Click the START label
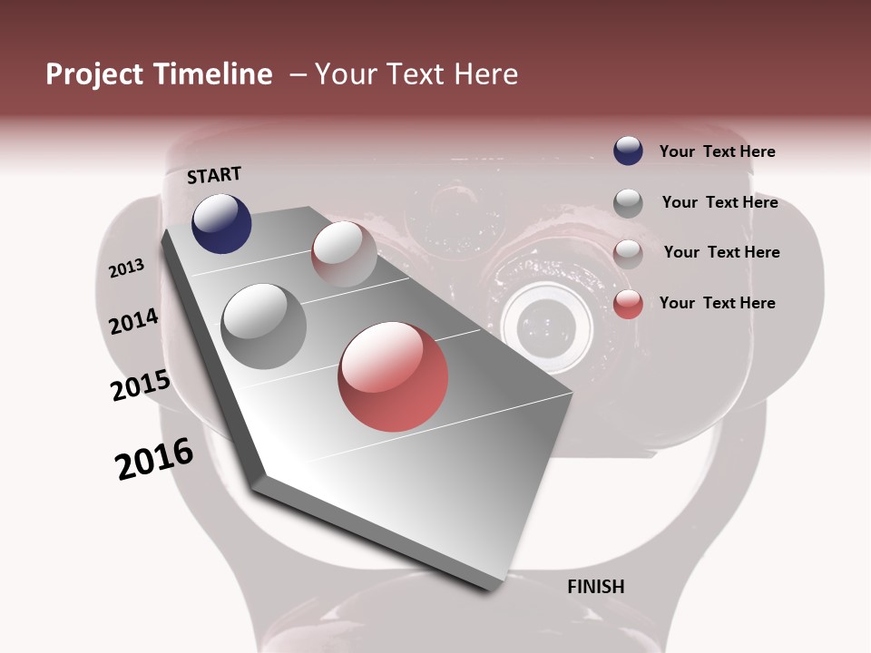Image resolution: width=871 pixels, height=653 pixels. tap(214, 175)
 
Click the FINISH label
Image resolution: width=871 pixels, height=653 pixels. tap(595, 586)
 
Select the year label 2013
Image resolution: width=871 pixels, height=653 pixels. tap(127, 268)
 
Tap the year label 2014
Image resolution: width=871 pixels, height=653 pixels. tap(134, 322)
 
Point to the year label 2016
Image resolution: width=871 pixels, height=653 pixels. tap(154, 459)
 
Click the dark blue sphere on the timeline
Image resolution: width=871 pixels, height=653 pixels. tap(221, 224)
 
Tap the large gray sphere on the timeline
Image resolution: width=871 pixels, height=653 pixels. tap(264, 326)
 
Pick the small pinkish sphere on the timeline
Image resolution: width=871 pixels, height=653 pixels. tap(344, 254)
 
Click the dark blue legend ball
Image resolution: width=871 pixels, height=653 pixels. tap(628, 151)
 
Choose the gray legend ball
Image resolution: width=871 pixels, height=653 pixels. tap(628, 202)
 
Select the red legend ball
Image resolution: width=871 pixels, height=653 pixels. tap(628, 304)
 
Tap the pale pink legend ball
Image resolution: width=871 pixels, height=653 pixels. tap(628, 253)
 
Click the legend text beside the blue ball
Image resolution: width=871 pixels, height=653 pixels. tap(717, 151)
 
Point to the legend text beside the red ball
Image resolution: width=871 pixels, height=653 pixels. tap(717, 303)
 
